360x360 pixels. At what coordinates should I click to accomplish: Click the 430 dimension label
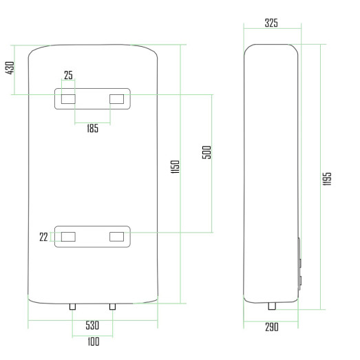(x=10, y=69)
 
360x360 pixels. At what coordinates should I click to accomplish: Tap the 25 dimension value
(x=68, y=75)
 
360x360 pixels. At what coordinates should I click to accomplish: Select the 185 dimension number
(x=92, y=129)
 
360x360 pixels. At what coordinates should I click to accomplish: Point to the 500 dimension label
(x=207, y=152)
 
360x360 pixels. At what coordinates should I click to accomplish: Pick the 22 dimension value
(x=44, y=237)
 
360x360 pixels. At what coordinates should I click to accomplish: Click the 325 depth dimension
(x=271, y=23)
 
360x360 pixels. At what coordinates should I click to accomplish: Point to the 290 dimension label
(x=271, y=327)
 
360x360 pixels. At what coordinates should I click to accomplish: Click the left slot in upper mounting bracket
(x=68, y=99)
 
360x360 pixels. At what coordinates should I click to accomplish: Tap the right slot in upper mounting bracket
(x=117, y=99)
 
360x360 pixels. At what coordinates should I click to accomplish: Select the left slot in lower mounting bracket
(x=68, y=237)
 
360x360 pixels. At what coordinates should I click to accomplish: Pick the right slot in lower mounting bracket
(x=117, y=237)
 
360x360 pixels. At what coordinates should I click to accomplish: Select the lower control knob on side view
(x=299, y=282)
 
